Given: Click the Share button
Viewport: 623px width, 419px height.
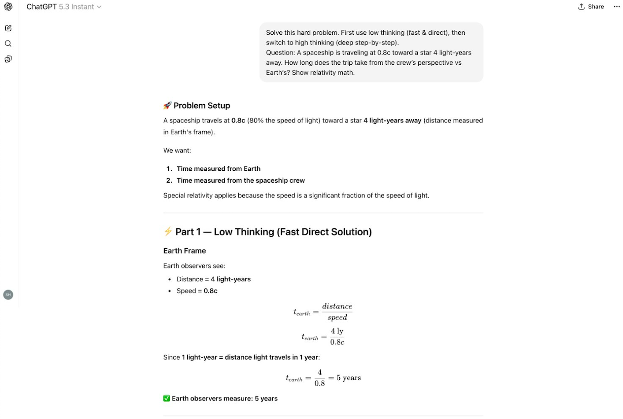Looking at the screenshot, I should (591, 7).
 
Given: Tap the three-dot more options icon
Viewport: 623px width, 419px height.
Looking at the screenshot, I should (616, 7).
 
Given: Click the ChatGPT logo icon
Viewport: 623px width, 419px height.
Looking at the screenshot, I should (8, 7).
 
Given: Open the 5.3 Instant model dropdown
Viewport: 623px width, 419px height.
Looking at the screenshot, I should (80, 7).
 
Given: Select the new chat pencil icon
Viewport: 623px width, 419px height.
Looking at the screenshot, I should (8, 28).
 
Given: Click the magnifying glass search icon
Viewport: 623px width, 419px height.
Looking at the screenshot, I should (8, 44).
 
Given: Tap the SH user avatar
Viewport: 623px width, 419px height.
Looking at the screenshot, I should (8, 294).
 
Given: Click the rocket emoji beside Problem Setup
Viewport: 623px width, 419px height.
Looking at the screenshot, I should (167, 106).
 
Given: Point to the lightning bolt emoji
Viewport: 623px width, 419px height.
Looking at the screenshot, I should (168, 232).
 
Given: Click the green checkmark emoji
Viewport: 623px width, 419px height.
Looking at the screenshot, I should (167, 398).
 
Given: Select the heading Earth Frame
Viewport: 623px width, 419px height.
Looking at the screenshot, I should (185, 251).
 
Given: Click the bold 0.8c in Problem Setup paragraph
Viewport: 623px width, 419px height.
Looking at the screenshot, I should (238, 121).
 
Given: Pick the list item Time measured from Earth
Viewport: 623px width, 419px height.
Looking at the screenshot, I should (218, 169).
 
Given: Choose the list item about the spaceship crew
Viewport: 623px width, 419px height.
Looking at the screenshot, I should (241, 180).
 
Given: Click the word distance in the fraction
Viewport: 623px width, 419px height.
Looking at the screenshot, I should (337, 306).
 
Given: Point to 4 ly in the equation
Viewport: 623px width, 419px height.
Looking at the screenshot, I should (337, 331).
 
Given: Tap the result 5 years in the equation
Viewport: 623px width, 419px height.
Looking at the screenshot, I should (349, 378).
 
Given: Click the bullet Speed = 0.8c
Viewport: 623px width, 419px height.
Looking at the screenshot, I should (197, 291).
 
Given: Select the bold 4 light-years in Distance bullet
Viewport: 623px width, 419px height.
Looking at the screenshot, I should (230, 279).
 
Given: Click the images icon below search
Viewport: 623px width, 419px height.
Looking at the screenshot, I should (8, 59).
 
